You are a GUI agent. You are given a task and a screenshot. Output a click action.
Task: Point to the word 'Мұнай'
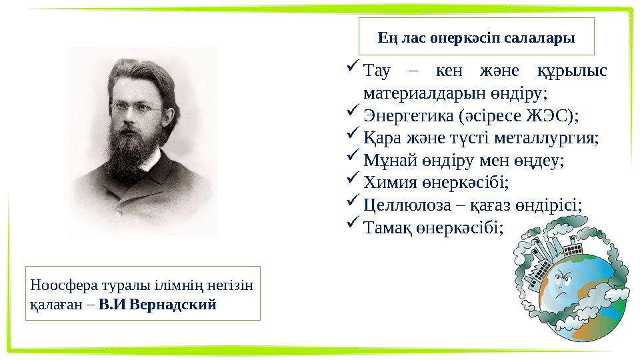coord(389,161)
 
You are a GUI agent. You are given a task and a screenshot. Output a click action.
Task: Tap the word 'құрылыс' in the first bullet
coord(572,71)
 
